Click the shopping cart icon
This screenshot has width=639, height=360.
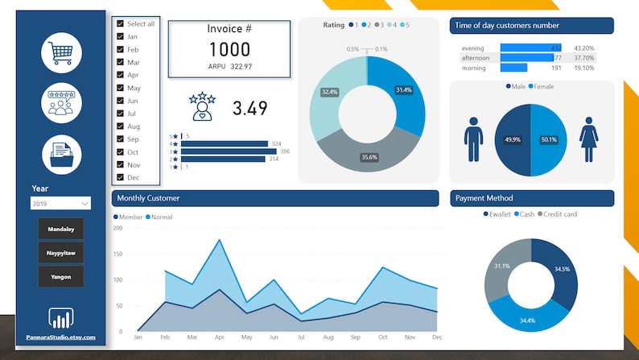tap(62, 52)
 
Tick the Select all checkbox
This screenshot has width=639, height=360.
tap(121, 24)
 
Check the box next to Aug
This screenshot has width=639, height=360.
tap(121, 126)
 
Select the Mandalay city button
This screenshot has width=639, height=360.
tap(61, 229)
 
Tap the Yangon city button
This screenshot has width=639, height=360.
tap(61, 276)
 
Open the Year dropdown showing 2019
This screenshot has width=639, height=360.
tap(61, 204)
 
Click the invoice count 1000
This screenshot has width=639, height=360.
tap(229, 49)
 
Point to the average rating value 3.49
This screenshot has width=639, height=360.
tap(249, 108)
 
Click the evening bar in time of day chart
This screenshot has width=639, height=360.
tap(530, 48)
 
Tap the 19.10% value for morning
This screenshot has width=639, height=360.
tap(583, 68)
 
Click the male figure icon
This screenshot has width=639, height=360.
tap(473, 139)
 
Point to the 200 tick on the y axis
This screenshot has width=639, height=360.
tap(117, 228)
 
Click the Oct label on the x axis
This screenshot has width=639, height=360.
tap(382, 337)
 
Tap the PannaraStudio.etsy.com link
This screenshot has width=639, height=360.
tap(61, 337)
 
